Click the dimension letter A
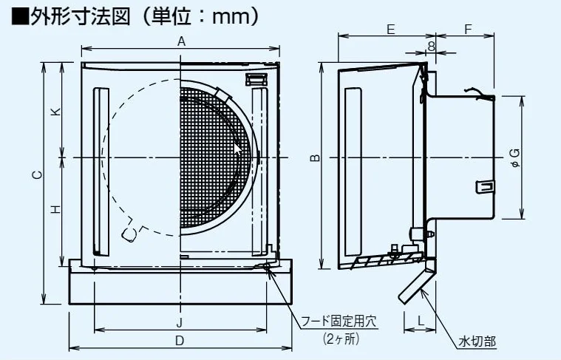[180, 43]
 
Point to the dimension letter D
[180, 341]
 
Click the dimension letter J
[180, 322]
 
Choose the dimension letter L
[420, 321]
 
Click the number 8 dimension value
[430, 47]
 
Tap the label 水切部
[477, 342]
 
